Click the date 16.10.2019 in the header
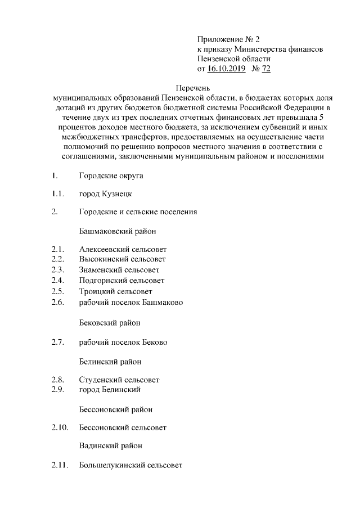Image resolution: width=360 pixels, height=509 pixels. pos(226,69)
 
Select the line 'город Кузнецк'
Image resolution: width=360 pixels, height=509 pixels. pos(106,194)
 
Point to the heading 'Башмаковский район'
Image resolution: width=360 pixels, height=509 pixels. pos(118,231)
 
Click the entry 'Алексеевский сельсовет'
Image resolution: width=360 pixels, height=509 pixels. pos(123,249)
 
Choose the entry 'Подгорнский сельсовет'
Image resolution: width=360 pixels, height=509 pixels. pos(121,281)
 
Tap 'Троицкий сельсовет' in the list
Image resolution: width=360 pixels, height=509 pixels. pos(115,291)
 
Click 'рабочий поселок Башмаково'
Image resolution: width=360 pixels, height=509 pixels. pos(131,302)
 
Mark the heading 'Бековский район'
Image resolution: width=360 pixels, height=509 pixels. pos(110,323)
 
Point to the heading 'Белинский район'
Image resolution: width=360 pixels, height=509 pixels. pos(110,361)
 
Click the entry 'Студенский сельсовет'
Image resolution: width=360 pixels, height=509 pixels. pos(119,380)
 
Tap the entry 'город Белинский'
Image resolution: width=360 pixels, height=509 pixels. pos(110,389)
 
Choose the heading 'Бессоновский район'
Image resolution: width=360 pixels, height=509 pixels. pos(116,409)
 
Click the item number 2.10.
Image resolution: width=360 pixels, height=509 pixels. pos(59,427)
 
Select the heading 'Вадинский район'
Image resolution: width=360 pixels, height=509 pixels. pos(110,446)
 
